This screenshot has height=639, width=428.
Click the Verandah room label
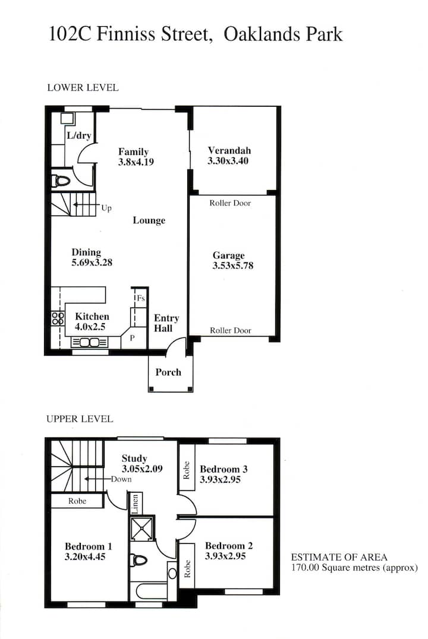pos(229,150)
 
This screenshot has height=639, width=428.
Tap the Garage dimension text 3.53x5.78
pos(232,265)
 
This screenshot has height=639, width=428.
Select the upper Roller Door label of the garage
pos(230,203)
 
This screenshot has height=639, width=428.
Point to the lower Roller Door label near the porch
pos(231,331)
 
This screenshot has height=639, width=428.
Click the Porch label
pos(168,372)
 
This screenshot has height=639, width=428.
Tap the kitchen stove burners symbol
pos(58,318)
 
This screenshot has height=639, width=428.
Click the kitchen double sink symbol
pos(90,343)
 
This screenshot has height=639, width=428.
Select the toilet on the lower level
pos(61,181)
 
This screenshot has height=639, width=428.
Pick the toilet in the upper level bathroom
pos(139,560)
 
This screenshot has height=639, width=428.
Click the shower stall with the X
pos(142,529)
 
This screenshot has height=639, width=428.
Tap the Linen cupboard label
pos(135,504)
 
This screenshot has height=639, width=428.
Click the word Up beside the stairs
pos(106,208)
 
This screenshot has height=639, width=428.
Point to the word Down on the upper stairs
pos(121,479)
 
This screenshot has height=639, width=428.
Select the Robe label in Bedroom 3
pos(187,470)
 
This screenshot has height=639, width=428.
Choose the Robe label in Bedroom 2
pos(187,569)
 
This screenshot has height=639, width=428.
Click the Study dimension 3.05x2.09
pos(142,469)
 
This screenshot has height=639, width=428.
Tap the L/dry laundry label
pos(78,135)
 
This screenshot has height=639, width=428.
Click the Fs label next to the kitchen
pos(141,298)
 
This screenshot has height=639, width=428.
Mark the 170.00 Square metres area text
pos(354,568)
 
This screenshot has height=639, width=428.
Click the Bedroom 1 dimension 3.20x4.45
pos(85,556)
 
